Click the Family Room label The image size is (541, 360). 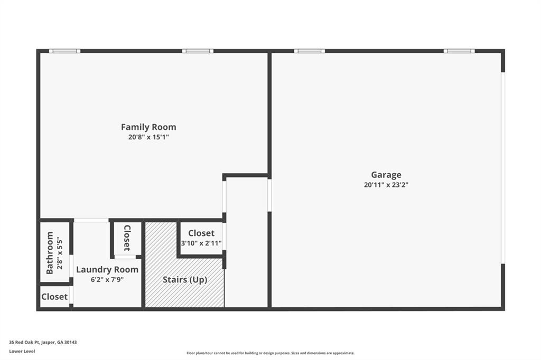[x=148, y=127]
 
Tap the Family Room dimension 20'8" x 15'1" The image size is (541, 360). [x=148, y=137]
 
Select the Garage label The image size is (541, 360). [x=386, y=175]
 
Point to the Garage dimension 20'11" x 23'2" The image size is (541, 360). [x=386, y=185]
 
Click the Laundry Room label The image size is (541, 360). [x=107, y=270]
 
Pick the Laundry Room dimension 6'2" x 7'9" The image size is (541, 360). [x=107, y=280]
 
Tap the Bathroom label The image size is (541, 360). [x=50, y=252]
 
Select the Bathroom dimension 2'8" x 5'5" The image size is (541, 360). [x=59, y=252]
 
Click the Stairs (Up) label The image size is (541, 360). [x=185, y=280]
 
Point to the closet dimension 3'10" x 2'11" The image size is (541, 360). [x=201, y=243]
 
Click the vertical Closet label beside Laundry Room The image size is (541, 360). [x=127, y=239]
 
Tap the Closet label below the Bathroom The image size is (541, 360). [x=54, y=297]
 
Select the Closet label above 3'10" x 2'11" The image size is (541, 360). [x=201, y=233]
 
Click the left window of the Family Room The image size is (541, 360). [x=65, y=51]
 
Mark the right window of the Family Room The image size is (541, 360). [x=198, y=51]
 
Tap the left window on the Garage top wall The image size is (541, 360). [x=310, y=51]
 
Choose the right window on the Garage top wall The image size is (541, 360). [x=459, y=51]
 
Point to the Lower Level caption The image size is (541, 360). [x=22, y=351]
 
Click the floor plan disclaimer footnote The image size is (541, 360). [x=270, y=353]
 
